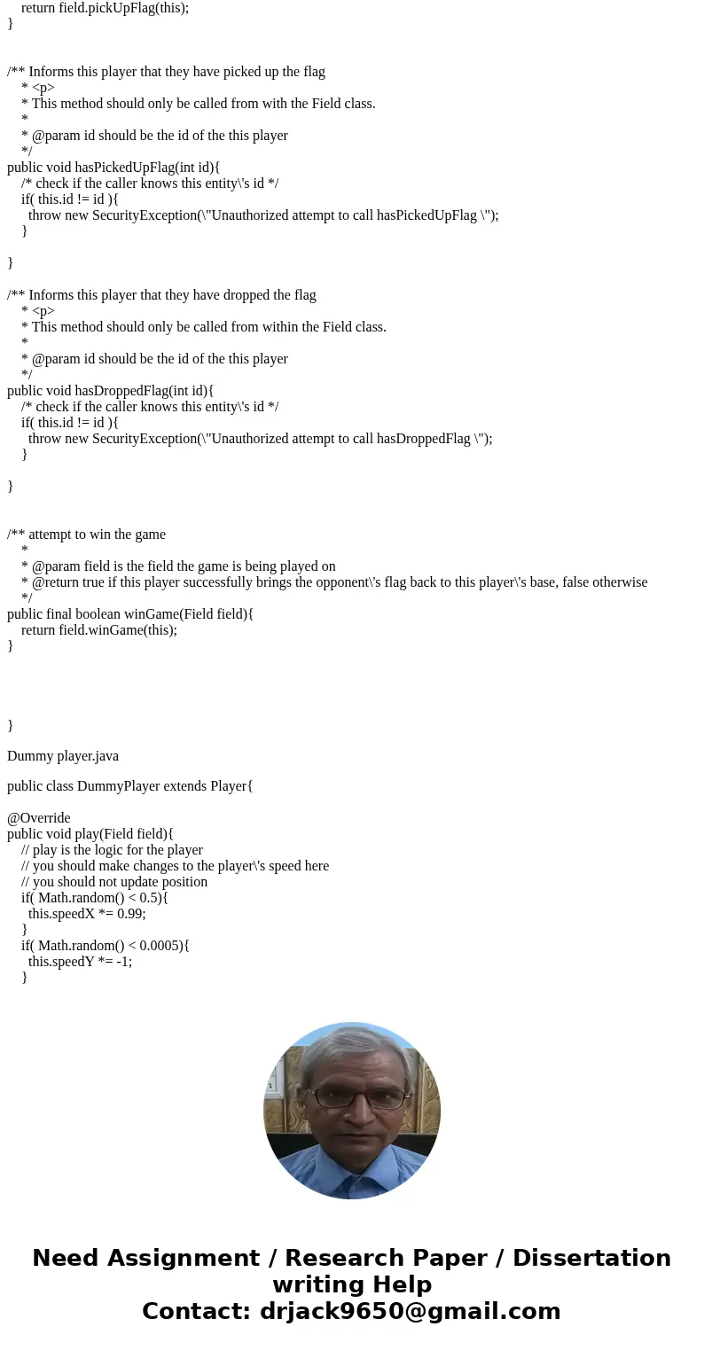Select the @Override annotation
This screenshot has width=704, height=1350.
point(39,817)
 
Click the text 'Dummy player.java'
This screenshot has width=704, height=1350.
point(63,755)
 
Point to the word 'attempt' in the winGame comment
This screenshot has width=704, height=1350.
point(53,534)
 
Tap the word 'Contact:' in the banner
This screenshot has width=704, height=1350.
point(197,1311)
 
